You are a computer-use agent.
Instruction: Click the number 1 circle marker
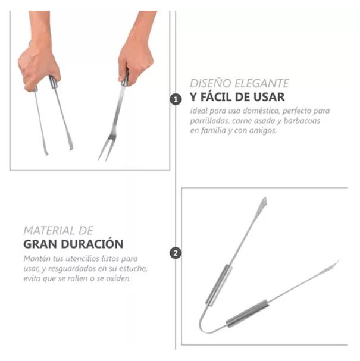[x=176, y=99]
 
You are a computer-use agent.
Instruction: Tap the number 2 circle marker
[x=176, y=253]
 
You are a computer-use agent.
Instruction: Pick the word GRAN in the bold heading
[x=39, y=244]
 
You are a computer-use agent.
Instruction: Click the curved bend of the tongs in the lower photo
[x=205, y=324]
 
